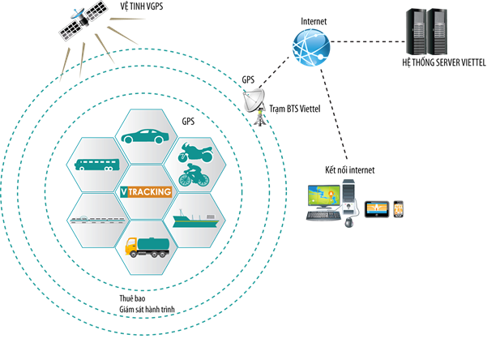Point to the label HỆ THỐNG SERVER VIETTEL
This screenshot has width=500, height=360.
pyautogui.click(x=444, y=61)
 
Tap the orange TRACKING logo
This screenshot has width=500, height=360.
pyautogui.click(x=146, y=192)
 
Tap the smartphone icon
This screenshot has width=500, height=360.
pyautogui.click(x=399, y=209)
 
